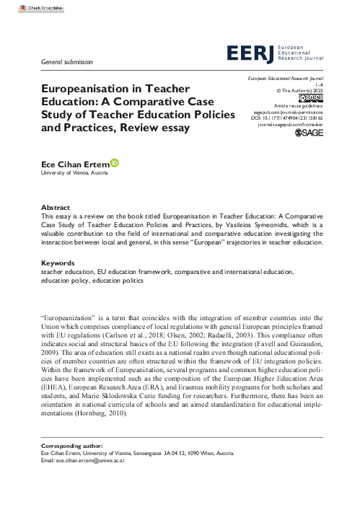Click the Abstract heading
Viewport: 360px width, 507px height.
pyautogui.click(x=56, y=206)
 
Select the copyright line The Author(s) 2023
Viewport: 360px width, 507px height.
pyautogui.click(x=307, y=90)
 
